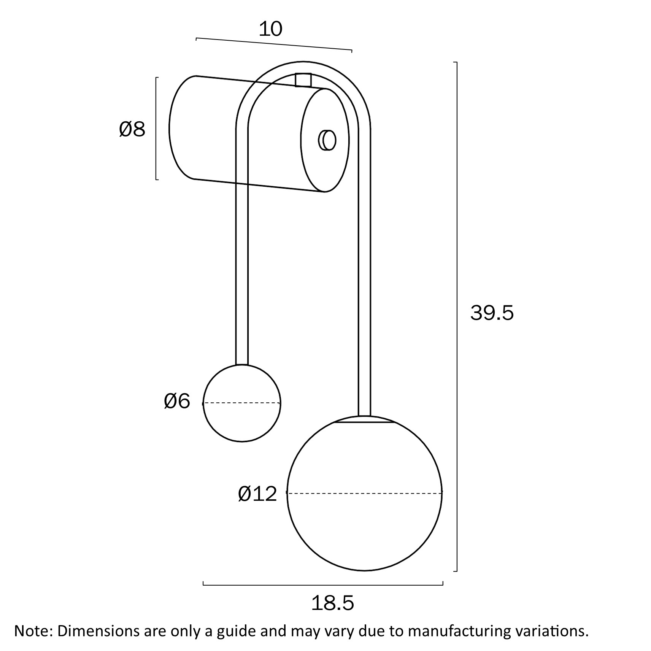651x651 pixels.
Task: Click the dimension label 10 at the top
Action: pos(270,29)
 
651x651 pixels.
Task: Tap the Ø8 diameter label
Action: pos(132,129)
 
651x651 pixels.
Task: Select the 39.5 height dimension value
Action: pos(492,313)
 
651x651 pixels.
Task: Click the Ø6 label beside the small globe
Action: pos(177,402)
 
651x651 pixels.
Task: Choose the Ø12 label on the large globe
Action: pos(257,494)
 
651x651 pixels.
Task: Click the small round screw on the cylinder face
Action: pos(327,140)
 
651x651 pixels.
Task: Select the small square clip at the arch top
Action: pos(303,80)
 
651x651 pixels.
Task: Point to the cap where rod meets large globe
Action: pos(364,419)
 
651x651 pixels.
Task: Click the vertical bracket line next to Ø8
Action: pos(156,128)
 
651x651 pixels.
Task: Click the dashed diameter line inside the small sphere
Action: pos(242,403)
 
